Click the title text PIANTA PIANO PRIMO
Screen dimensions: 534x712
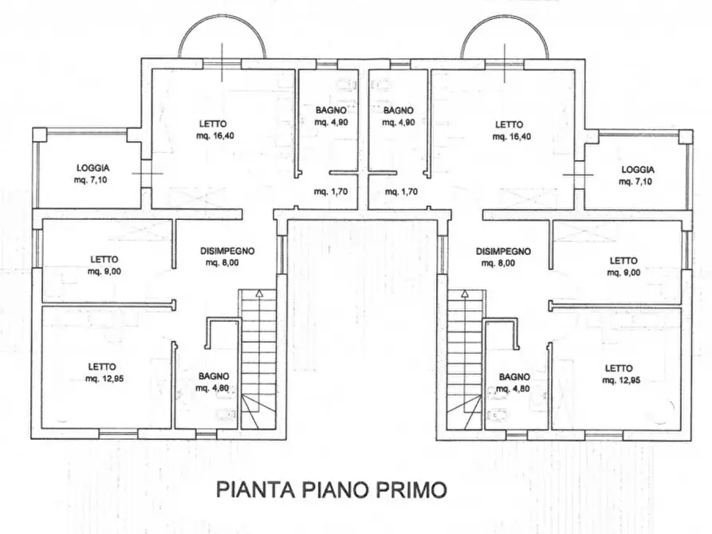click(x=332, y=489)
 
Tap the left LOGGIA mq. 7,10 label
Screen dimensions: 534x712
click(x=93, y=175)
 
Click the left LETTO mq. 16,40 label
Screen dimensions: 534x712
click(x=213, y=130)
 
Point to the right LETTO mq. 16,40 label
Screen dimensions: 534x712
click(x=509, y=130)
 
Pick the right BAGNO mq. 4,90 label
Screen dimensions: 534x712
click(x=398, y=116)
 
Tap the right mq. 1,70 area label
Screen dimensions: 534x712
click(x=400, y=191)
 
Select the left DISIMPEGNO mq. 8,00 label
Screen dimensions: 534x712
click(x=227, y=256)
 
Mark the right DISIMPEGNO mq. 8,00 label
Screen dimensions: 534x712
click(x=503, y=256)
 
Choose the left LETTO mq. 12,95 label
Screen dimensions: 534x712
click(x=104, y=373)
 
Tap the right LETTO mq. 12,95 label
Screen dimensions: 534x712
click(x=620, y=374)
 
